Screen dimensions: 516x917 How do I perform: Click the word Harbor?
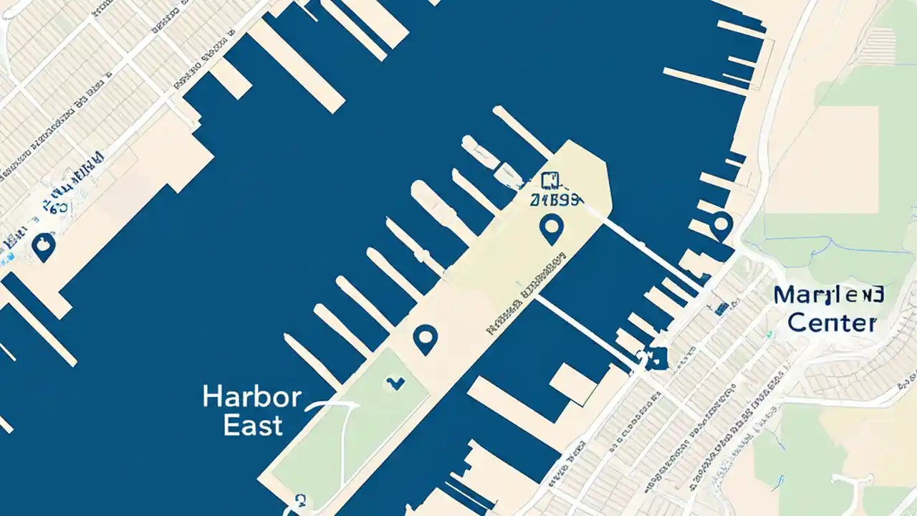[251, 397]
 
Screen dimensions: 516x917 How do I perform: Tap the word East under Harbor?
[252, 425]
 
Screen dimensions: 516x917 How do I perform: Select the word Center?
[832, 322]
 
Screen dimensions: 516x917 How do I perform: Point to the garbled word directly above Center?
[829, 295]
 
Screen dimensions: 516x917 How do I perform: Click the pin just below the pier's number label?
[551, 229]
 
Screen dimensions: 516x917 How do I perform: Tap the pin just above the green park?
[426, 338]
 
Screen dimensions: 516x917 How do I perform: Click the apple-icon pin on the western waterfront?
[44, 247]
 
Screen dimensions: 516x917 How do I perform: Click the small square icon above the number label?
[550, 181]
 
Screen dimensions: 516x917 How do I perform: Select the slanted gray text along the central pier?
[527, 294]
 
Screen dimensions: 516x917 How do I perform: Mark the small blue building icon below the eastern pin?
[721, 309]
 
